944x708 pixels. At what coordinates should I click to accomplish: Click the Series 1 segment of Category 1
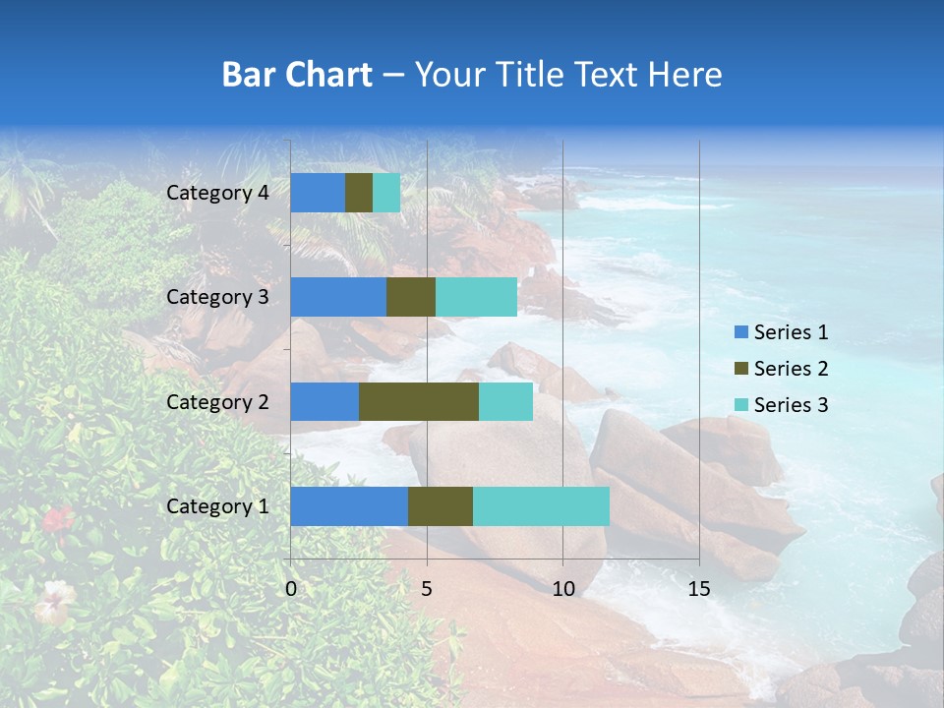349,505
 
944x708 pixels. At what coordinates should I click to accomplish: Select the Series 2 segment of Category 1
441,505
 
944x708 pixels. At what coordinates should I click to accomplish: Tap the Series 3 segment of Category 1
541,505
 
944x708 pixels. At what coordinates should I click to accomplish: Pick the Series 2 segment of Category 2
419,401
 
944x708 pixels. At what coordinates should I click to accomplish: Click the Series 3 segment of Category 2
505,401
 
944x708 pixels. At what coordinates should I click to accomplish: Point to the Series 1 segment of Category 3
338,297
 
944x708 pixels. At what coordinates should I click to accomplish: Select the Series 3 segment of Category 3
476,297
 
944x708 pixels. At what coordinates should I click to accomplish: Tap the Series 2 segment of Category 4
359,193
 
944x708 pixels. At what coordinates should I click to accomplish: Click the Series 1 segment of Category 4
318,193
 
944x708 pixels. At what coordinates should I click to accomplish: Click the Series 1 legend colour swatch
741,332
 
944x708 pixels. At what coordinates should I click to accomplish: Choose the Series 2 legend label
791,369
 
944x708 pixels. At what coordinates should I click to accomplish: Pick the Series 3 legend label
791,404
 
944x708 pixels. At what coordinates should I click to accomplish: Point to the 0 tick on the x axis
291,589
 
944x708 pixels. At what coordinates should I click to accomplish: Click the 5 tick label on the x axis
427,589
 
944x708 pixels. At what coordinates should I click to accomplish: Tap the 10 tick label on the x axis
562,589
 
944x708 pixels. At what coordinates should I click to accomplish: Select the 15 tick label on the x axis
698,589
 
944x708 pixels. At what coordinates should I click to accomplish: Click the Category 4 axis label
217,193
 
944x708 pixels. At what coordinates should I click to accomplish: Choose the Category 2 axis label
217,401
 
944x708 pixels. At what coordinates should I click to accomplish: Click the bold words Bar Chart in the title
297,75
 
